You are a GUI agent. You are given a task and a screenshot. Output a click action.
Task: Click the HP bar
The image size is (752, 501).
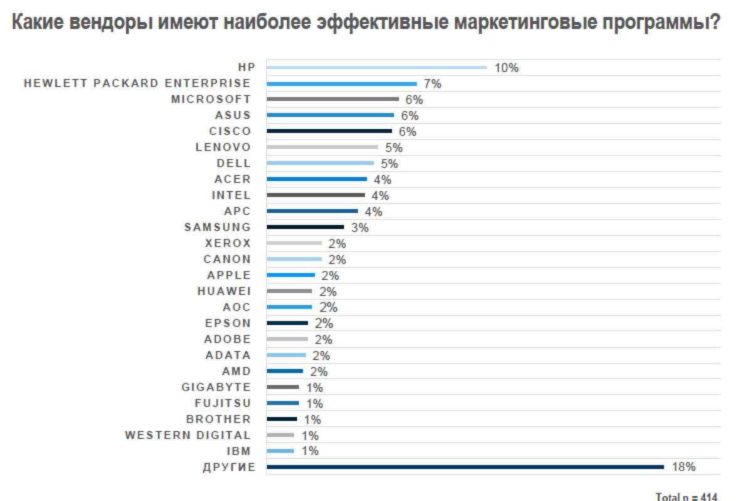pos(376,68)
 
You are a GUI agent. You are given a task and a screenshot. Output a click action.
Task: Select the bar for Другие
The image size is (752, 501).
pos(464,467)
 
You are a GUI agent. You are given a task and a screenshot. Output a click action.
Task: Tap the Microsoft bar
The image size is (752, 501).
pos(332,99)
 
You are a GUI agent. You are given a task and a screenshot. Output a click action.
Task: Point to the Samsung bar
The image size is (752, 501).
pos(305,227)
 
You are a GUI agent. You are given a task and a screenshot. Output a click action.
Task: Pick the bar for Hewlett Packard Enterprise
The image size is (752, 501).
pos(342,83)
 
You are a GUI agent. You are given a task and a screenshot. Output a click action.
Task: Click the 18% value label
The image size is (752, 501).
pos(684,467)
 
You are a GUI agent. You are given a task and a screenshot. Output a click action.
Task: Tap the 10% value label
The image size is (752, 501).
pos(506,68)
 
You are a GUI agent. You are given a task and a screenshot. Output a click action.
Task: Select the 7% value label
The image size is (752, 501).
pos(432,84)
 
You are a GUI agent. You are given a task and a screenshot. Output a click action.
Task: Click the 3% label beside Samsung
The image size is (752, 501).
pos(360,227)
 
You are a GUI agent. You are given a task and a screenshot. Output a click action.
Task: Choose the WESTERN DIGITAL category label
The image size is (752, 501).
pos(188,435)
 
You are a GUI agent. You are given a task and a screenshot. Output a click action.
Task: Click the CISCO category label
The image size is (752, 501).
pos(230,131)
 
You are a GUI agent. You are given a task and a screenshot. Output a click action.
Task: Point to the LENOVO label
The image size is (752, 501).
pos(223,147)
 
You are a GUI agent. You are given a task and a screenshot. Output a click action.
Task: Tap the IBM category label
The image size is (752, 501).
pos(239,451)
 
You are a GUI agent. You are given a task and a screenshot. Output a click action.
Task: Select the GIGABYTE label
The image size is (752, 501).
pos(216,387)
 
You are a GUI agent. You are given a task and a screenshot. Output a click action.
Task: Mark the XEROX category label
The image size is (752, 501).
pos(227,243)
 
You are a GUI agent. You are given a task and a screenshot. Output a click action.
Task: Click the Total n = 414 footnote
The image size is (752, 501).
pos(686,497)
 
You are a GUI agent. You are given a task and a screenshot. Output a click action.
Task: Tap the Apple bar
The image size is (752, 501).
pos(291,275)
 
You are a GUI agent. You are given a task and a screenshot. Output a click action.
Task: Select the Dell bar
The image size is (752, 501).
pos(320,163)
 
